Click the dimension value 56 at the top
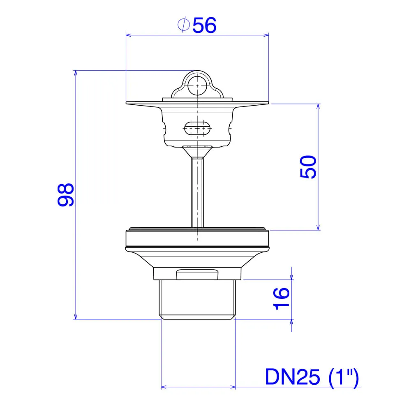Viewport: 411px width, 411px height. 204,25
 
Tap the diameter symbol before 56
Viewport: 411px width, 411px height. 183,25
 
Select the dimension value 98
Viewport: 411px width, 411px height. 66,195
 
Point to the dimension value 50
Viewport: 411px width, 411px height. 308,167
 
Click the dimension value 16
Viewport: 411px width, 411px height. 281,299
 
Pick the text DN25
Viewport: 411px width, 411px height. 293,377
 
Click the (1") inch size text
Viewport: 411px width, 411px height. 344,377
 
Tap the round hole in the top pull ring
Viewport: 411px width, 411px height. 197,85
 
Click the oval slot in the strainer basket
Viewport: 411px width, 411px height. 197,128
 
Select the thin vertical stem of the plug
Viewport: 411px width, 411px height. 197,193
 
